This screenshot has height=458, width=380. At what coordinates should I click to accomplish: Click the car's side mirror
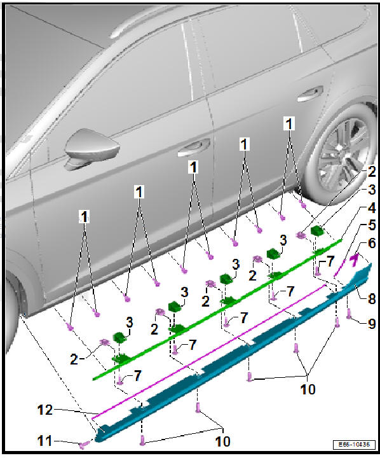point(86,148)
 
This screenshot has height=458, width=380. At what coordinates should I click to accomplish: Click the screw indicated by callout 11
point(83,444)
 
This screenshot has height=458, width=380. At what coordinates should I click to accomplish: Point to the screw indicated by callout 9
point(349,313)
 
